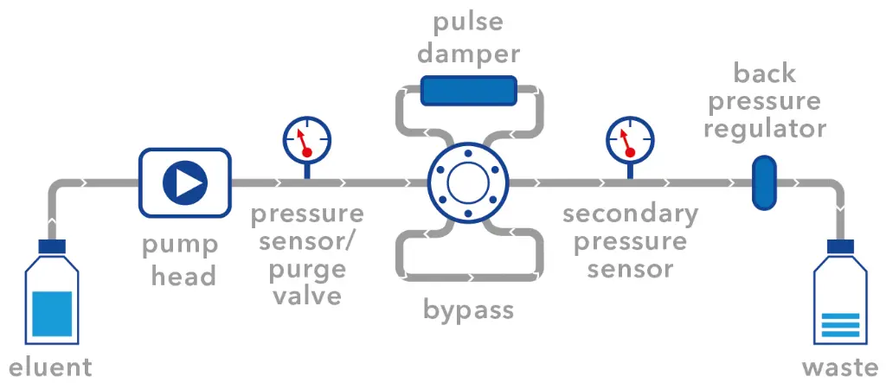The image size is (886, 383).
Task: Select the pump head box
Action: point(185,182)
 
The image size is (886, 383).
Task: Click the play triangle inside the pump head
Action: point(186,182)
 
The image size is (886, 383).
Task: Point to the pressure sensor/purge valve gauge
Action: point(306,137)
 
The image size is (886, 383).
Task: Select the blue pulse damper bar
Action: point(468,91)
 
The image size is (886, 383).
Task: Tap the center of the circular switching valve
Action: point(468,183)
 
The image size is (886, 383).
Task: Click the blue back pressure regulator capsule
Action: point(762,182)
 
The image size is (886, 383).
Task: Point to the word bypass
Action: point(468,309)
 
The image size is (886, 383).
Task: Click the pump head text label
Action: point(180,260)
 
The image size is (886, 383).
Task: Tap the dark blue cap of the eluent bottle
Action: point(50,246)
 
